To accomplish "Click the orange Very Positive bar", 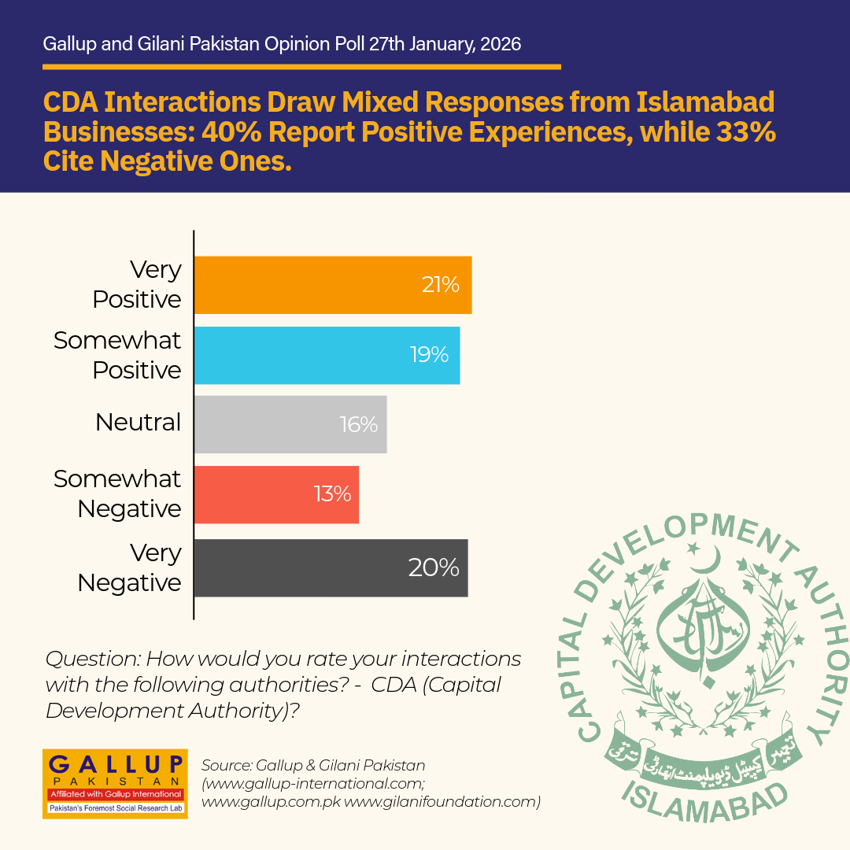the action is tap(333, 285).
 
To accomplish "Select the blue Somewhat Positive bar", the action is tap(327, 355).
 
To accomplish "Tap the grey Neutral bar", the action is tap(290, 424).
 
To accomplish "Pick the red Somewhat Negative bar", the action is tap(276, 494).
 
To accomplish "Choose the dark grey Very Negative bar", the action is tap(331, 568).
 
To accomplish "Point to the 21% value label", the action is tap(441, 285).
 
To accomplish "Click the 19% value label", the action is tap(430, 354).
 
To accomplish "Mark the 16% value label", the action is tap(359, 424).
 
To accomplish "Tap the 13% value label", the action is tap(332, 493).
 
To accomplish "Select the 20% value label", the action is tap(434, 567).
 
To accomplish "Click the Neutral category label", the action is tap(139, 423).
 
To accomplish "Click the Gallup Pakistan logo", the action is tap(115, 784).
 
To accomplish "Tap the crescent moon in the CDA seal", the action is tap(708, 560).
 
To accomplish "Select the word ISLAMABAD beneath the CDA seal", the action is tap(704, 803).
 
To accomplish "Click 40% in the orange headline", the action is tap(232, 131).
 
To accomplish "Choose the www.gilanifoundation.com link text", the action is tap(442, 802).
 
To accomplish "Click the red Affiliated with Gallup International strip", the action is tap(116, 794).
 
